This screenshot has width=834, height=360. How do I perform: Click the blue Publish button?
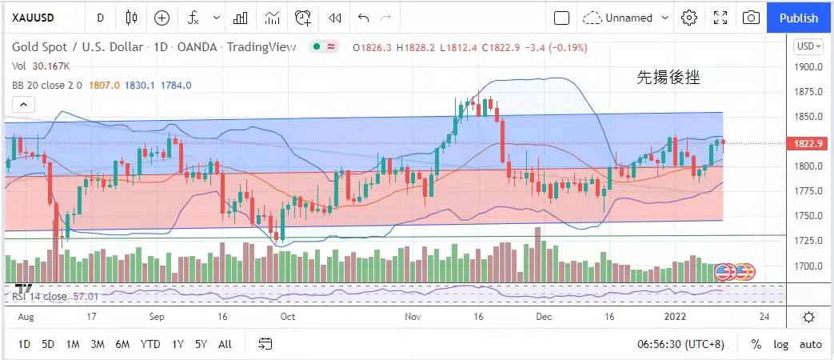(x=798, y=18)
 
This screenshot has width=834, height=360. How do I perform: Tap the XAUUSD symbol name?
(x=33, y=18)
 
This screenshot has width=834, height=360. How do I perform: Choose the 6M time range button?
(x=122, y=344)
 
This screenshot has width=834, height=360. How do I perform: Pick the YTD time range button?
(x=150, y=344)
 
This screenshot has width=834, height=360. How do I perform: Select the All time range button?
(x=225, y=344)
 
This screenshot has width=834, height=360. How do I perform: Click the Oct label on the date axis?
(x=287, y=317)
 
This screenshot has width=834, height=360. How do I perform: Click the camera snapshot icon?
(x=751, y=18)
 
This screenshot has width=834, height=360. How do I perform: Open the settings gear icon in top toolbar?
(x=689, y=18)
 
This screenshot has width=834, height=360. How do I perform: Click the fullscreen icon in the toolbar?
(x=720, y=18)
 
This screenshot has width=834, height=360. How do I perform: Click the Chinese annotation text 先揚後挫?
(x=668, y=78)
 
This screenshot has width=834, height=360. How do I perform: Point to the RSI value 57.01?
(x=85, y=297)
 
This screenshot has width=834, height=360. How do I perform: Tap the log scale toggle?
(x=780, y=344)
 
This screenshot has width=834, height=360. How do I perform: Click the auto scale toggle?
(x=810, y=344)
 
